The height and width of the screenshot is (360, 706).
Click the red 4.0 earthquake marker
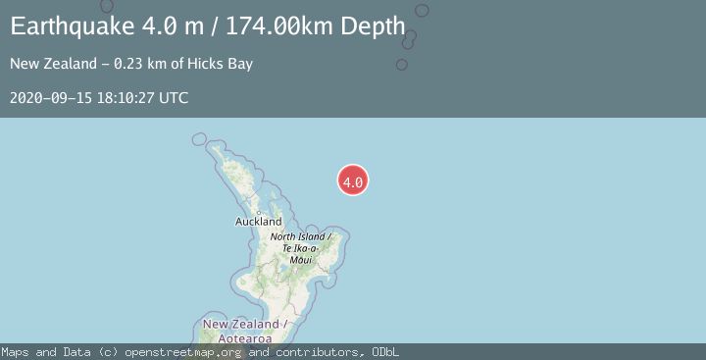353,180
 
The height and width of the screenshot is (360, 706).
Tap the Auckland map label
259,222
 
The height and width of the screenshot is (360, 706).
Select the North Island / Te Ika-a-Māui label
301,248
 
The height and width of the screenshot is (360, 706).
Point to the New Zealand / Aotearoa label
245,331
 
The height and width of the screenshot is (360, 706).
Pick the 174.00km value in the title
282,26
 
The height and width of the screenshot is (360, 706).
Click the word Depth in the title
374,26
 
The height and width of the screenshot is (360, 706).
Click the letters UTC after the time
173,98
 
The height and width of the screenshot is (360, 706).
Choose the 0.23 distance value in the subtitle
129,65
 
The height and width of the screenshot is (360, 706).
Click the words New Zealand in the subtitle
51,65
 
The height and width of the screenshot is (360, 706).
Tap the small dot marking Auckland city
258,212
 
